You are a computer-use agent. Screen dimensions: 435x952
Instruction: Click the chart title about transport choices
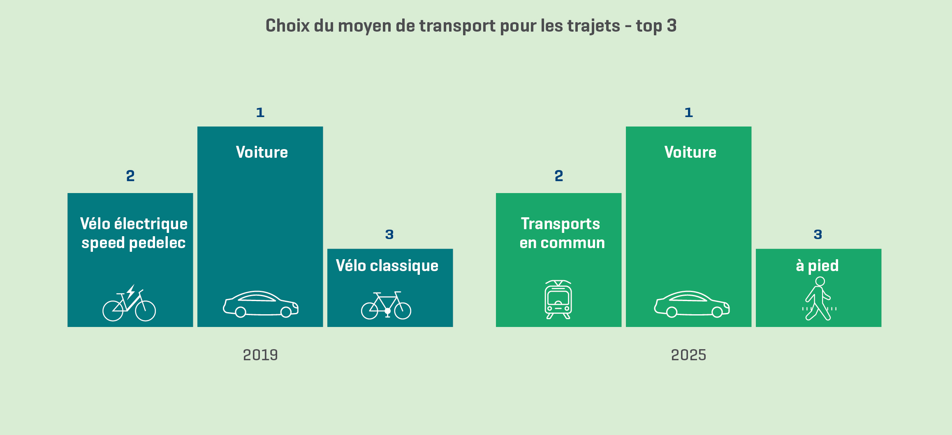pyautogui.click(x=471, y=26)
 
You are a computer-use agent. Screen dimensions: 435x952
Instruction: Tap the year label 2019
pyautogui.click(x=260, y=355)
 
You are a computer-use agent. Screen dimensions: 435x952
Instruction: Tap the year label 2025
pyautogui.click(x=688, y=355)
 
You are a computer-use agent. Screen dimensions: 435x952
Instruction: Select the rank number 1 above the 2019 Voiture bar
pyautogui.click(x=260, y=113)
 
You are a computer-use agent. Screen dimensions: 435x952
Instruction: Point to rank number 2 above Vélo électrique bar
pyautogui.click(x=130, y=176)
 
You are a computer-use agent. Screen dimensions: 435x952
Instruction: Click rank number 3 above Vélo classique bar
pyautogui.click(x=389, y=235)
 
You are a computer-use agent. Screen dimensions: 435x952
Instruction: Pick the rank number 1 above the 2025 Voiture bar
pyautogui.click(x=689, y=113)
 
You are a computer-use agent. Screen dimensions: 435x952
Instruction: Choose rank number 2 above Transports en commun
pyautogui.click(x=558, y=176)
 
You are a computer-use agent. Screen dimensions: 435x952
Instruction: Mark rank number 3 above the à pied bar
pyautogui.click(x=818, y=235)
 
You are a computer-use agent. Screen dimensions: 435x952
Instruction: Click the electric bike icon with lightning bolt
pyautogui.click(x=129, y=304)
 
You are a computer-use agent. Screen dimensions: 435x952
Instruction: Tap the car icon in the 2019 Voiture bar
pyautogui.click(x=261, y=304)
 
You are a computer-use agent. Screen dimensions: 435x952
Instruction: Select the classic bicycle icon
pyautogui.click(x=386, y=305)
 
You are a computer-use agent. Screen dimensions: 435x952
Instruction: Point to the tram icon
pyautogui.click(x=558, y=299)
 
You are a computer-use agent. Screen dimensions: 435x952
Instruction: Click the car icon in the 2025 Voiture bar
pyautogui.click(x=692, y=304)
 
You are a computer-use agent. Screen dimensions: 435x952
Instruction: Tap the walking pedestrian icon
pyautogui.click(x=819, y=299)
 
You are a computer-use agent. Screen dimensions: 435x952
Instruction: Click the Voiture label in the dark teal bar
pyautogui.click(x=262, y=152)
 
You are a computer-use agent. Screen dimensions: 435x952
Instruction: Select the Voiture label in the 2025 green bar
pyautogui.click(x=690, y=152)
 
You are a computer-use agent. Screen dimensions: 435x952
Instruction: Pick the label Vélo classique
pyautogui.click(x=387, y=266)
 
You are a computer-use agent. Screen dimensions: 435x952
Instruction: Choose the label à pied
pyautogui.click(x=817, y=266)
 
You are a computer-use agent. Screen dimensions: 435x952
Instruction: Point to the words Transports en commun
pyautogui.click(x=562, y=233)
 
